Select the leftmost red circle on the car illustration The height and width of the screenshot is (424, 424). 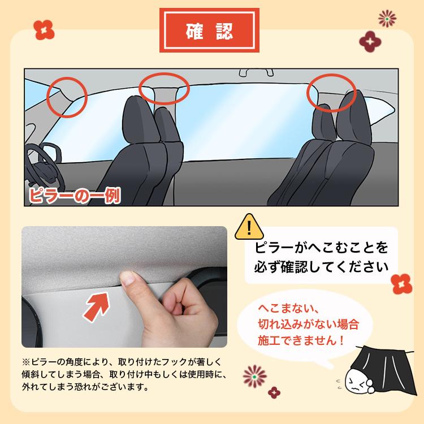click(67, 97)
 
